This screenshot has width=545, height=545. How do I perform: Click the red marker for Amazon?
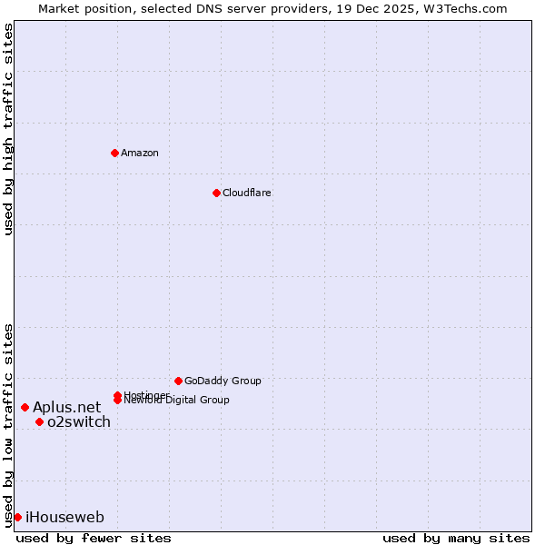pyautogui.click(x=114, y=153)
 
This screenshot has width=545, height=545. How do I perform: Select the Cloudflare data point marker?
pyautogui.click(x=216, y=193)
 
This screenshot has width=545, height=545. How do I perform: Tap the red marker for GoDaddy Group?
pyautogui.click(x=178, y=381)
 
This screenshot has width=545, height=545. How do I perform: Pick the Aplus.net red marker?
pyautogui.click(x=25, y=407)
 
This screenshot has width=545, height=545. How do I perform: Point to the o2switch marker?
pyautogui.click(x=39, y=421)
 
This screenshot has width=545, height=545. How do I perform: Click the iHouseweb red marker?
pyautogui.click(x=17, y=517)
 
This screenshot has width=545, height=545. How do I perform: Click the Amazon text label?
pyautogui.click(x=139, y=153)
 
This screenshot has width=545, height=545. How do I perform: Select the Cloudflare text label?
pyautogui.click(x=246, y=193)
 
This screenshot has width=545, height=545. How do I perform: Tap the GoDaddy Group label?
pyautogui.click(x=223, y=381)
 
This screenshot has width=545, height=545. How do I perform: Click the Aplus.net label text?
pyautogui.click(x=66, y=407)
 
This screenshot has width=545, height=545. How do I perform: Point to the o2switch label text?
pyautogui.click(x=78, y=421)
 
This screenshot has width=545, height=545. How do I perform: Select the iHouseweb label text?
pyautogui.click(x=64, y=517)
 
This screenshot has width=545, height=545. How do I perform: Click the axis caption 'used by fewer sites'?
pyautogui.click(x=94, y=538)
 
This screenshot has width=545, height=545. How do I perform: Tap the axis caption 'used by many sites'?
pyautogui.click(x=456, y=538)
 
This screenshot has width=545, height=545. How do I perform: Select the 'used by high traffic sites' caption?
pyautogui.click(x=8, y=129)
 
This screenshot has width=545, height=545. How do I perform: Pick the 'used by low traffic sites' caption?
pyautogui.click(x=8, y=424)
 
